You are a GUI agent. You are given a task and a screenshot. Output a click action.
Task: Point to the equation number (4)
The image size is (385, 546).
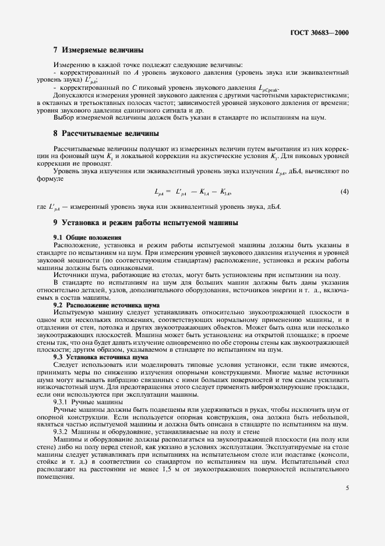coord(345,191)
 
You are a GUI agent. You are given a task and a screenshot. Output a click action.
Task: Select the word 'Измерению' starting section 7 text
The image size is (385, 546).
coord(70,64)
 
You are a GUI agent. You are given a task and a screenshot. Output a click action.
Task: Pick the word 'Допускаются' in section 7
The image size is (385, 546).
coord(74,94)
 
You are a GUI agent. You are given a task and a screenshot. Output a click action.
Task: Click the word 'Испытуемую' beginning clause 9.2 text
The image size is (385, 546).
coord(72,313)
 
